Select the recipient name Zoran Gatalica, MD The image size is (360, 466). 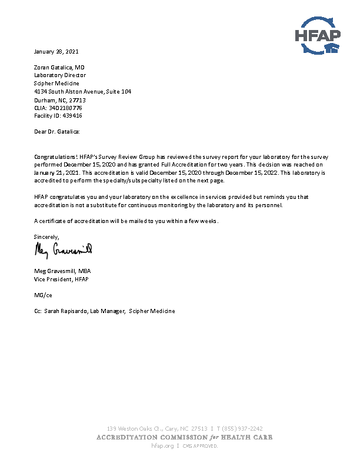tap(59, 68)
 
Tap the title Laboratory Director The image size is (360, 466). tap(60, 75)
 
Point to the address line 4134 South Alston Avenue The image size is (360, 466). tap(82, 92)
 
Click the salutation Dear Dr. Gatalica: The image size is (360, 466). tap(56, 132)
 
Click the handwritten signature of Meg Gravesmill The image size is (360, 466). tap(64, 250)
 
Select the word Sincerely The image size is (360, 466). tap(46, 237)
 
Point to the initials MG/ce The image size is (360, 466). tap(43, 295)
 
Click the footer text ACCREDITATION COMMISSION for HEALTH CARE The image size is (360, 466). tap(184, 437)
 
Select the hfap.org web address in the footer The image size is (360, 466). tap(163, 446)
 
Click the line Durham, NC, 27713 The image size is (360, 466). tap(60, 100)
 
